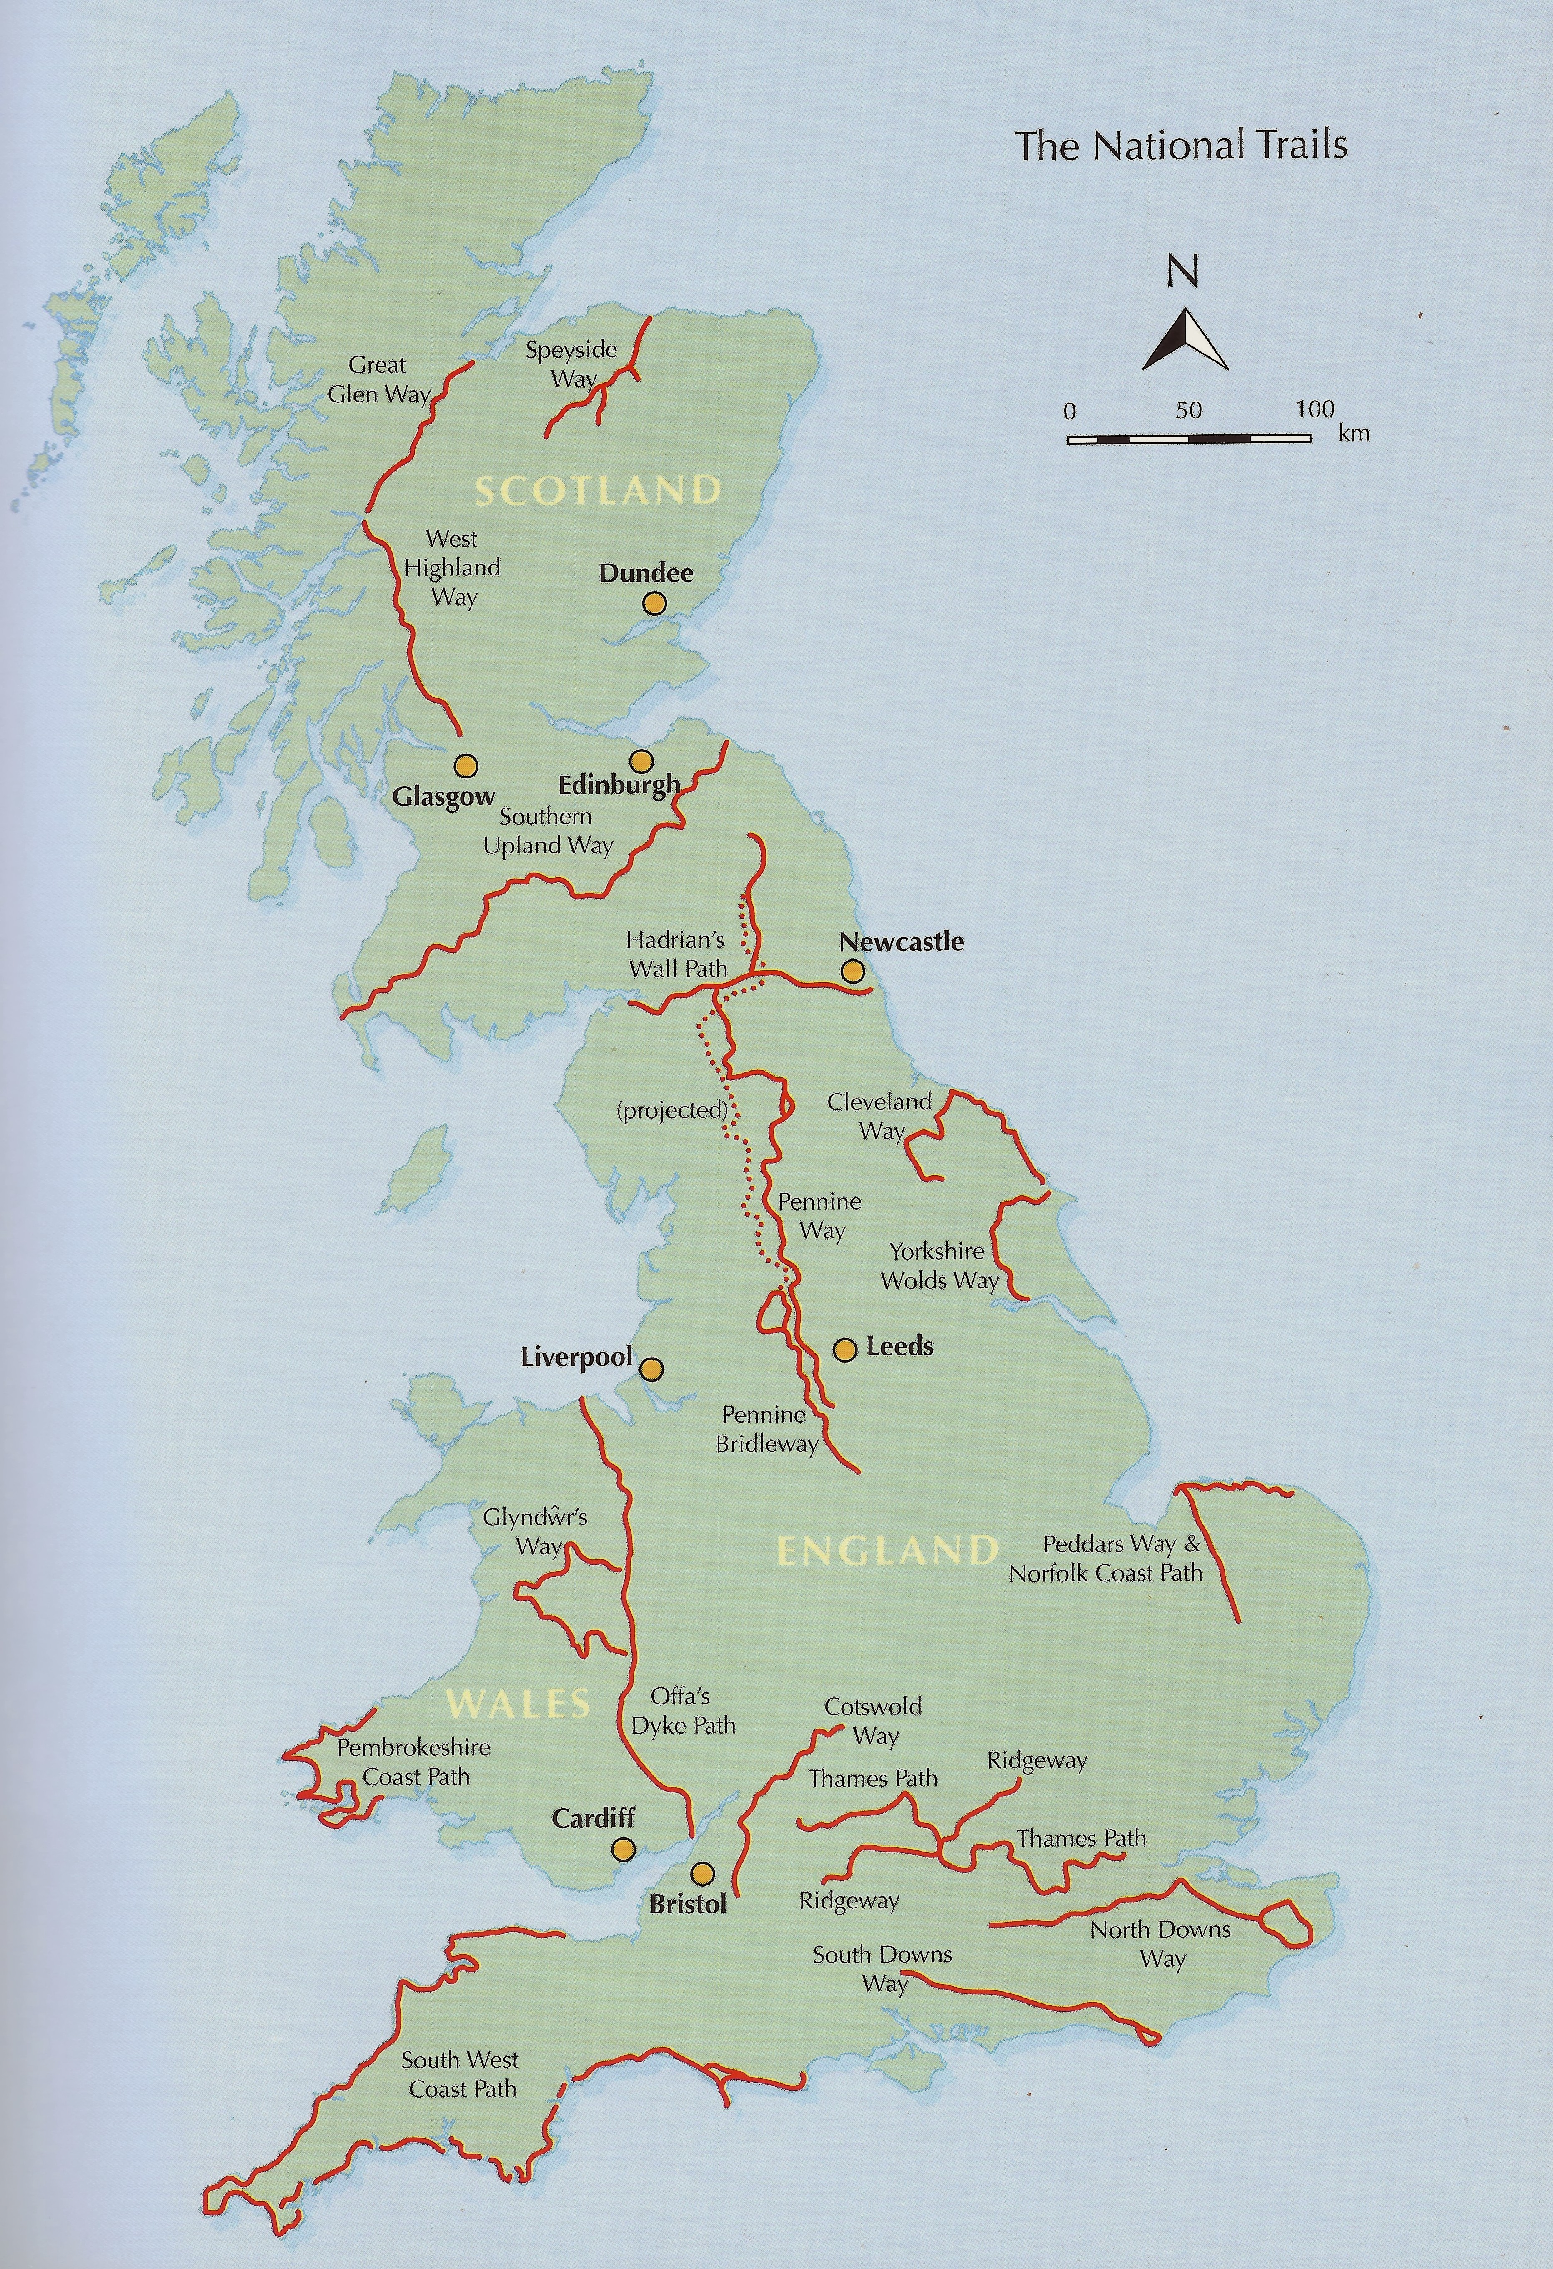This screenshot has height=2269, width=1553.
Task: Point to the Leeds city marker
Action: (844, 1349)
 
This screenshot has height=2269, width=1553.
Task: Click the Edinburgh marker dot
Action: (640, 761)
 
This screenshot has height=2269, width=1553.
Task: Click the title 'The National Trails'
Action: (1181, 146)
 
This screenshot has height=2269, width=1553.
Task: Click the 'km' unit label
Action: (1354, 432)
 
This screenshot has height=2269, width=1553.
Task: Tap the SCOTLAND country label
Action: (597, 490)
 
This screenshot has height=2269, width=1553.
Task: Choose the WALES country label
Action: (519, 1704)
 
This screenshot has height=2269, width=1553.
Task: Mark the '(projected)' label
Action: (673, 1110)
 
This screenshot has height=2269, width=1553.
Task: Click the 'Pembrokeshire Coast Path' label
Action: (414, 1762)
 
